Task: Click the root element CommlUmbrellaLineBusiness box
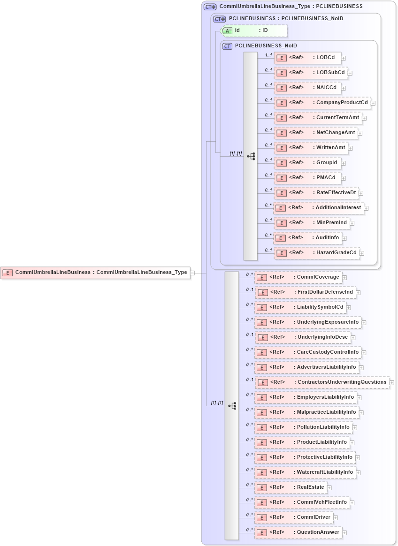96,272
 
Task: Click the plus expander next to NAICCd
344,88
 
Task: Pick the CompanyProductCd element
322,103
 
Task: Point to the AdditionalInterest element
319,208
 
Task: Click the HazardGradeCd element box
317,253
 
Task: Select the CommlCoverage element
298,277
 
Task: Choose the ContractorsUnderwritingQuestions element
322,382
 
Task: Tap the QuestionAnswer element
298,532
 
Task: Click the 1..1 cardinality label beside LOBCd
268,55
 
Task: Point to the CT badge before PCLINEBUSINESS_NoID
227,46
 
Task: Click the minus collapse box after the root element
193,272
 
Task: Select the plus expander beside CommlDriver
336,517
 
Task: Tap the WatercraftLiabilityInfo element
305,472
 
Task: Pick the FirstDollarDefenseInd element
306,292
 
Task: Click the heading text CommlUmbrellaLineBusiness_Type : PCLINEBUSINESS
291,7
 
